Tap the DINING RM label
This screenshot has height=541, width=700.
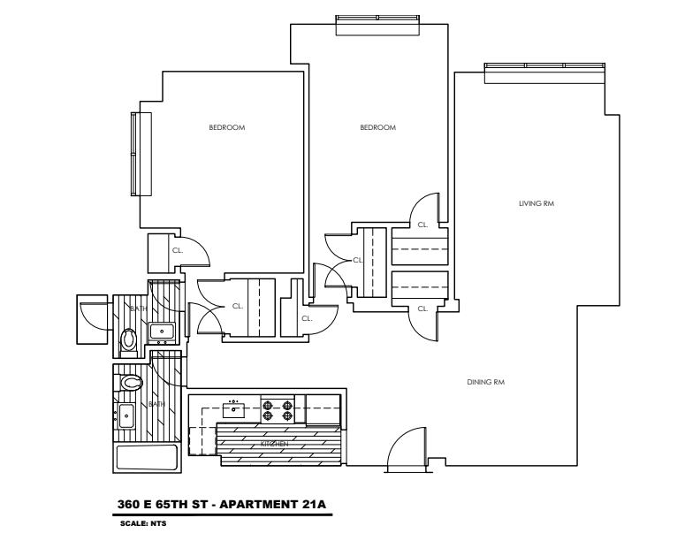(485, 382)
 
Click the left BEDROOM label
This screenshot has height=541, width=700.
(226, 128)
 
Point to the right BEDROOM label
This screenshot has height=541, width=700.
(377, 128)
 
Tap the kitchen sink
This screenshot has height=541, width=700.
(234, 408)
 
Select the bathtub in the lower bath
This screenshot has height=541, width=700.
(148, 458)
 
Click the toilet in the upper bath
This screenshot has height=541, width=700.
(129, 338)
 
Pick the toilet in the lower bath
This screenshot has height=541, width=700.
(132, 383)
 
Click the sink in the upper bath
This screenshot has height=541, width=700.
(161, 332)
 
